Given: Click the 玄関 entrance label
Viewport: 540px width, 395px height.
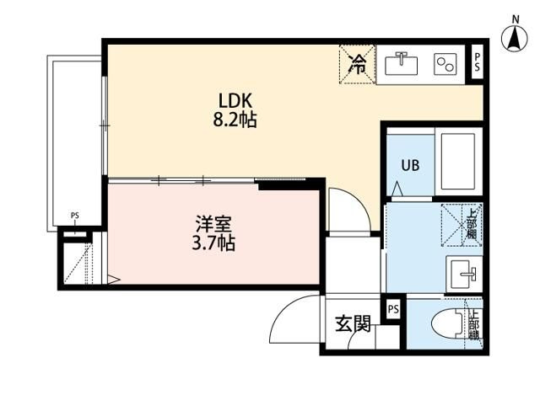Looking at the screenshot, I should pos(353,323).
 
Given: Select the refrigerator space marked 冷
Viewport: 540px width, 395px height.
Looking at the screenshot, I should pos(358,64).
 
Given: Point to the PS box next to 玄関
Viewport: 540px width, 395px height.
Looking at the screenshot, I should pos(392,309).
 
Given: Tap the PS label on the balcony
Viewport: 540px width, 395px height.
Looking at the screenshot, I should pos(75,216).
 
